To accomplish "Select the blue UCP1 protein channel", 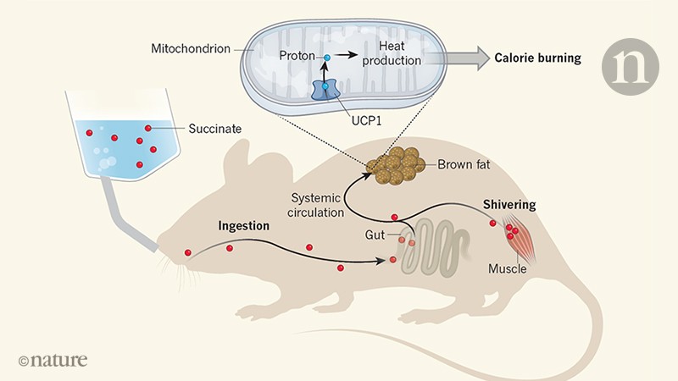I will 325,92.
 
